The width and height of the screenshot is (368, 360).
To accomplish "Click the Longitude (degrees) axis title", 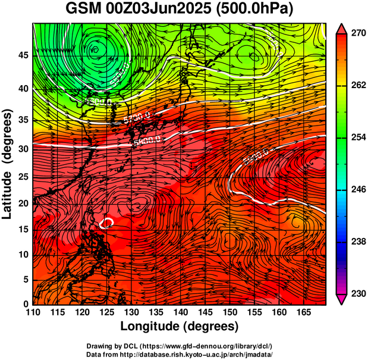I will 180,327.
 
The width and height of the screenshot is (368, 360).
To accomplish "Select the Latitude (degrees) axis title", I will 8,164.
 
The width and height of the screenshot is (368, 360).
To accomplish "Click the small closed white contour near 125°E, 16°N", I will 108,223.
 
